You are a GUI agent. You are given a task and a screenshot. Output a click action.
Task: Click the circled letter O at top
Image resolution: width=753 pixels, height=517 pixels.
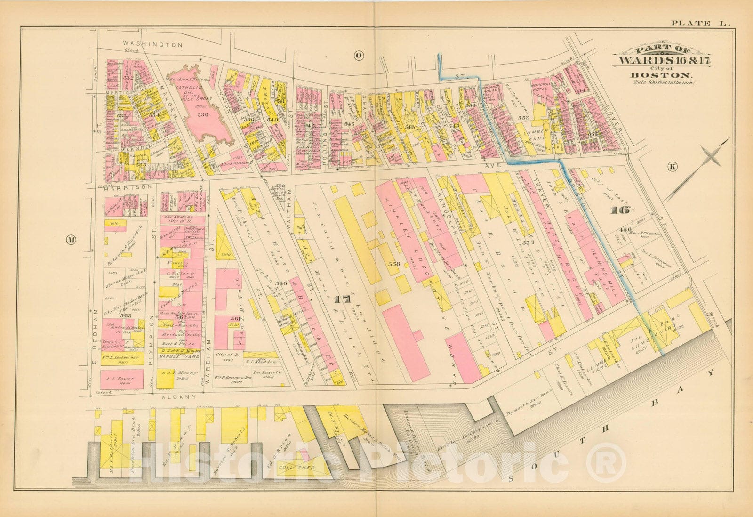tap(359, 56)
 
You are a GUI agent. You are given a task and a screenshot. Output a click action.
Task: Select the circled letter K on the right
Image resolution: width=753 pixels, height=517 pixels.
tap(672, 166)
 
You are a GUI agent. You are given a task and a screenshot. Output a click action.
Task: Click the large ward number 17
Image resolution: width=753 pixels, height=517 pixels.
tap(343, 299)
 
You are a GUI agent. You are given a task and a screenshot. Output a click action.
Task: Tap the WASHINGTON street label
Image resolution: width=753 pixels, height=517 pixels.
tap(152, 44)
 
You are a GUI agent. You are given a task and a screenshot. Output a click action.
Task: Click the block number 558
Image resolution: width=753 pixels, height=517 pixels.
tap(394, 264)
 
